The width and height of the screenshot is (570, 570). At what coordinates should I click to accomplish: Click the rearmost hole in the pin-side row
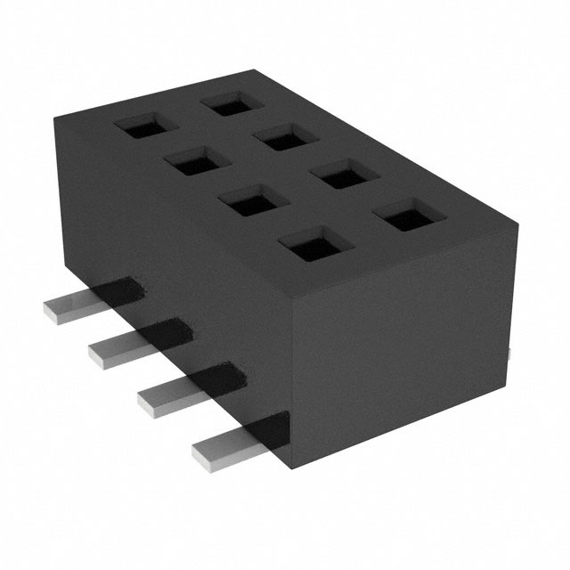coord(142,127)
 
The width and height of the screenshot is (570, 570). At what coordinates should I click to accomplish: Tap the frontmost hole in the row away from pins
coord(396,216)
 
